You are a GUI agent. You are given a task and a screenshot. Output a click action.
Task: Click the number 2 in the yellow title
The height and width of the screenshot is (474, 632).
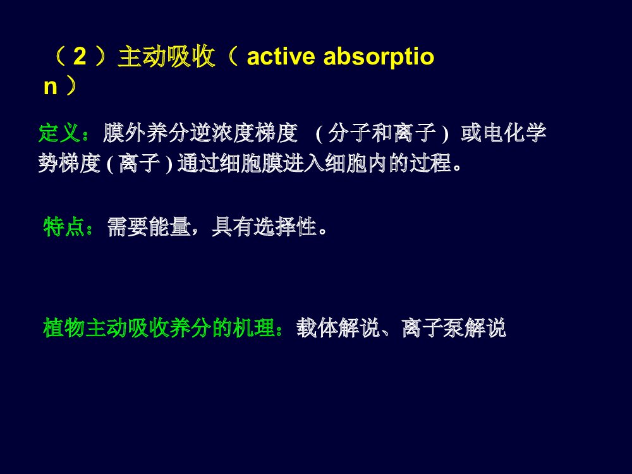click(x=80, y=56)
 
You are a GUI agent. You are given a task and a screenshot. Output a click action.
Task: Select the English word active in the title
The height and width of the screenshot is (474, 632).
click(x=281, y=56)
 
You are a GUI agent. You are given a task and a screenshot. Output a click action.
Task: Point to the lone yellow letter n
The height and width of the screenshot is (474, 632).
click(x=51, y=87)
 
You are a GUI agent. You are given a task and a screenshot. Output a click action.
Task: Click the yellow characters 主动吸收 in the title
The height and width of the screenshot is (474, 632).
click(x=166, y=56)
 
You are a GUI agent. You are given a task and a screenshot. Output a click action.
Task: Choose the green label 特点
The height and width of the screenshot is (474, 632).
click(x=64, y=226)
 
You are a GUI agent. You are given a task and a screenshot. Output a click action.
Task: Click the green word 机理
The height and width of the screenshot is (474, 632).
click(x=253, y=327)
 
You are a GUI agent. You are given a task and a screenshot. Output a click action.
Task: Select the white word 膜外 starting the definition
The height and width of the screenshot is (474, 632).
click(x=124, y=133)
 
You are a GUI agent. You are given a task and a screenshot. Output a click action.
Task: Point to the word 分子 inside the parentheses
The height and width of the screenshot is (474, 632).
click(x=349, y=133)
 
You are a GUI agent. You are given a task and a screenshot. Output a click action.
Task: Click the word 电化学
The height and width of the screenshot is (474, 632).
click(x=514, y=133)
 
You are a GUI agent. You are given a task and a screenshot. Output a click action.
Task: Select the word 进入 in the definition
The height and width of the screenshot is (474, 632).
click(x=304, y=163)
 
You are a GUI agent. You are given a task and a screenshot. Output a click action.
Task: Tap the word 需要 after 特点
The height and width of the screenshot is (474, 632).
click(x=128, y=226)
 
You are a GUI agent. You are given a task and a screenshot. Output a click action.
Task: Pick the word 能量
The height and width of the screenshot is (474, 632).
click(x=169, y=226)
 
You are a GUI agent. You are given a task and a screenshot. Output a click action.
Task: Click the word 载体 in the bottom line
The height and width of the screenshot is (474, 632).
click(x=317, y=327)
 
